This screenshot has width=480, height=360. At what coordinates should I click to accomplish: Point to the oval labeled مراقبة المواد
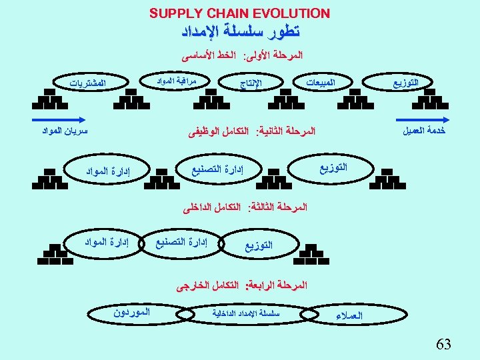pos(177,81)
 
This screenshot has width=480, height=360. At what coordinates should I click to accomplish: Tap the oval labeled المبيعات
pos(320,82)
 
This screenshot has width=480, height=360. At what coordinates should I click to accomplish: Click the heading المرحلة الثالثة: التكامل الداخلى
pos(246,209)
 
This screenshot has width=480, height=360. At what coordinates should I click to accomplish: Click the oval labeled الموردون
pos(131,311)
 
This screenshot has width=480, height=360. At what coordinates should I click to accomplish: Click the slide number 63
pos(443,344)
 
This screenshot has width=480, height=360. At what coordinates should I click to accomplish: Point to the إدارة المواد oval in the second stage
pos(108,172)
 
